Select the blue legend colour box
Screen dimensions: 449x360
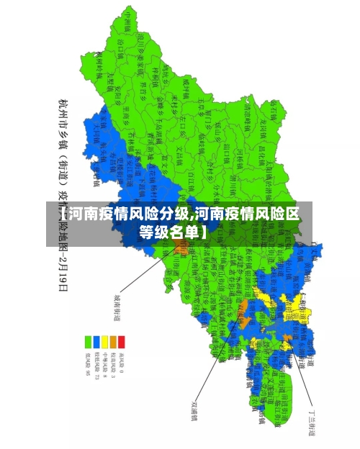[97, 341]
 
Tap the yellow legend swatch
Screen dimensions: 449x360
[105, 341]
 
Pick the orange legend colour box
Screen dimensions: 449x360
[113, 341]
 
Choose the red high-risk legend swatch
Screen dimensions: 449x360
[121, 341]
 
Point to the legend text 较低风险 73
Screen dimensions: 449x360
[97, 364]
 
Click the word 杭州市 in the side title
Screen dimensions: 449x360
[63, 112]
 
